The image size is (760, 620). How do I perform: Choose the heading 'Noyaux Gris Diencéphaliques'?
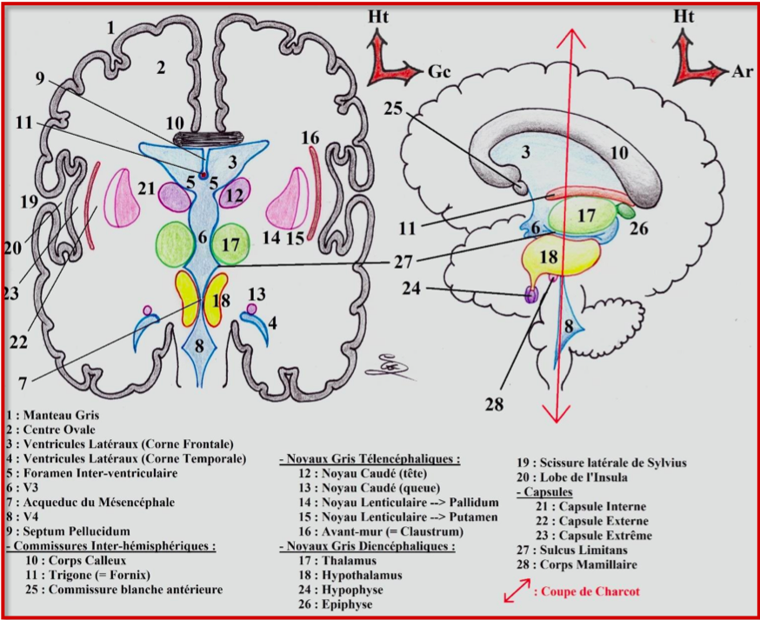click(370, 546)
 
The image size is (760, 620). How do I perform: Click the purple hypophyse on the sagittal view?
click(530, 295)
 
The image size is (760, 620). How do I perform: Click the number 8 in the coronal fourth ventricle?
click(199, 345)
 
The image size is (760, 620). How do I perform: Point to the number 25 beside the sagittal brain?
click(395, 108)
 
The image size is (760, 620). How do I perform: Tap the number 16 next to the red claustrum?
click(310, 137)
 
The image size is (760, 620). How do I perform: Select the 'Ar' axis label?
click(742, 71)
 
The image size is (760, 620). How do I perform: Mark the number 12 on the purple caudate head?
click(233, 196)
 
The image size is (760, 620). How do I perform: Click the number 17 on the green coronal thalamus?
click(230, 246)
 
